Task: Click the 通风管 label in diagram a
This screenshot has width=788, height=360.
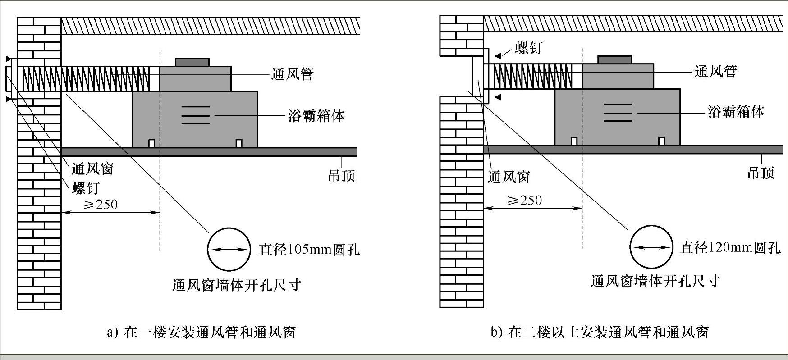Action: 292,74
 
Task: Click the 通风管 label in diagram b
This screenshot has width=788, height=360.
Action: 715,71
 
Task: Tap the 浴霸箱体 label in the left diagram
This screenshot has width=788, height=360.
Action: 316,116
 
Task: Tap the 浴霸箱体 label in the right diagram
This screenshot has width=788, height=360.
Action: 736,111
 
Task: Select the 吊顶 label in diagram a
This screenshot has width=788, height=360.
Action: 342,175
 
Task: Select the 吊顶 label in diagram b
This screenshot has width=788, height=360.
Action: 761,173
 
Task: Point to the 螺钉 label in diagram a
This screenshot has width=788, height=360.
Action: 85,187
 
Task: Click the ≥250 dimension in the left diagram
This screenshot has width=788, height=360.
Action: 101,205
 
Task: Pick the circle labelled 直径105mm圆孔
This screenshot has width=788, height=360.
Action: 229,250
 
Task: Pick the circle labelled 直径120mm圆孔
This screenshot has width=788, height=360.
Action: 651,247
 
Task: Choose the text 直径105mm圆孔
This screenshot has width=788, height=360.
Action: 309,250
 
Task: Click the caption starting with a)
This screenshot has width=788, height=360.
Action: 202,333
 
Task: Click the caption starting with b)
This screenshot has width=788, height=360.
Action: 600,333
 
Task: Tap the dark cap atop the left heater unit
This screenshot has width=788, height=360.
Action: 192,62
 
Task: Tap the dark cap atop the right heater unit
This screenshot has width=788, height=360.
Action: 614,59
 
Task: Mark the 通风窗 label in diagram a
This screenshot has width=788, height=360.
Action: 93,169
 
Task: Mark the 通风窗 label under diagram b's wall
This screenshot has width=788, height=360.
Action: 509,177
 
